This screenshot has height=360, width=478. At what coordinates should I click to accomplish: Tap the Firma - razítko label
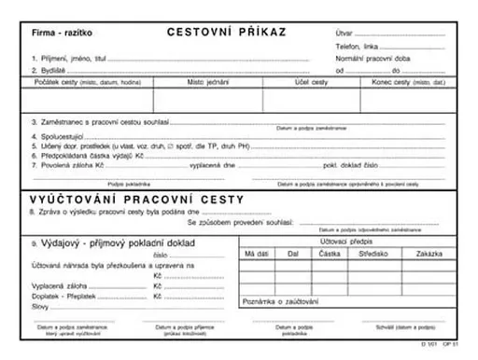pos(57,33)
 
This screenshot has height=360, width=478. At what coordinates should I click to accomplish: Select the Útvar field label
pos(344,34)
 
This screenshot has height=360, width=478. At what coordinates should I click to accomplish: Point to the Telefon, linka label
pos(358,46)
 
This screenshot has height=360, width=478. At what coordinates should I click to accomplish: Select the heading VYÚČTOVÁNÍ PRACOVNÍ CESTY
pos(137,200)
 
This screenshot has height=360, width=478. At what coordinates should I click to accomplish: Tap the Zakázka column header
pos(429,253)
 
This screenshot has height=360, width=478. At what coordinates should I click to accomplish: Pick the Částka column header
pos(330,253)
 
